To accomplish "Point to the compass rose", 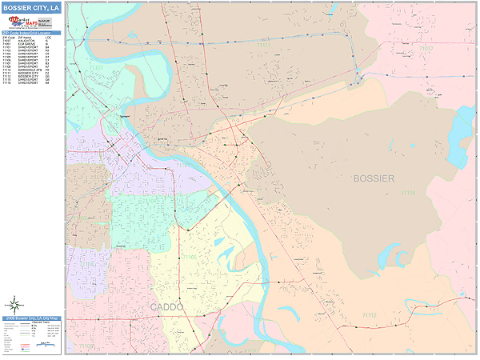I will tap(14, 304).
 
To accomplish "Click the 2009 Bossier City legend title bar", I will tap(31, 318).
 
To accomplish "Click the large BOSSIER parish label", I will tap(372, 178).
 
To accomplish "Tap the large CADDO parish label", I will tap(166, 306).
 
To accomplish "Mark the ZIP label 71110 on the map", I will tap(408, 193).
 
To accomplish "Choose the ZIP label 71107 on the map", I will tap(263, 46).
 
